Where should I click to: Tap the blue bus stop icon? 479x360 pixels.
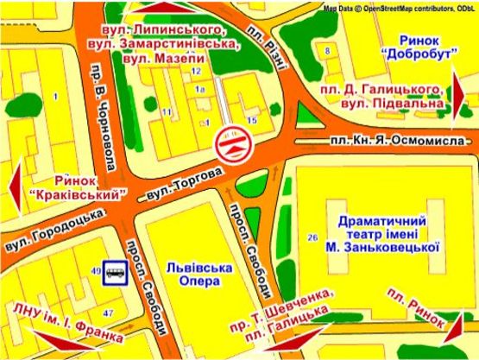pyautogui.click(x=116, y=274)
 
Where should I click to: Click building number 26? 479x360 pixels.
pyautogui.click(x=312, y=237)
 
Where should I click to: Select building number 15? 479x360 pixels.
pyautogui.click(x=252, y=120)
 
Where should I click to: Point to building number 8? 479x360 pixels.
pyautogui.click(x=328, y=51)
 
